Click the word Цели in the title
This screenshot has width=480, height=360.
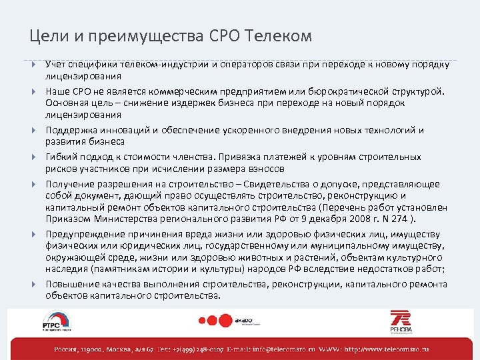pos(47,36)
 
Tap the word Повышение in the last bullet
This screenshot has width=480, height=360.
pos(71,285)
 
